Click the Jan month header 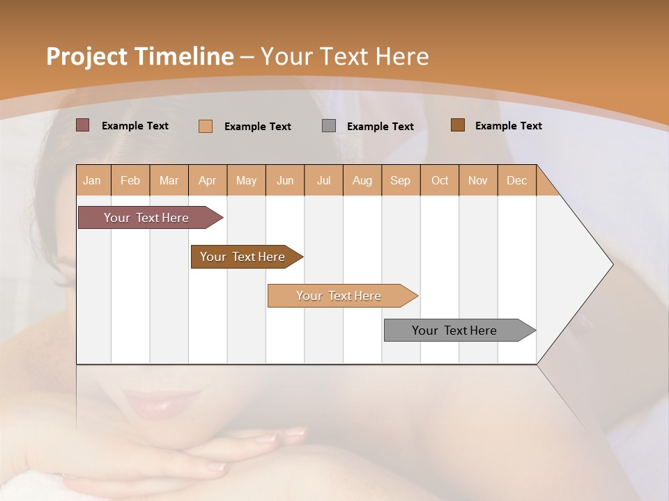93,180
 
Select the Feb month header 130,180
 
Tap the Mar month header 169,180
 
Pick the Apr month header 208,180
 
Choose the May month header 246,180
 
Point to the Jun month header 285,180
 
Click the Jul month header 323,180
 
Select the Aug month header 362,180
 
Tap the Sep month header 401,180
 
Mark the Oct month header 440,180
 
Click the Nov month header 478,180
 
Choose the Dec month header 517,180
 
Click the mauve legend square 82,125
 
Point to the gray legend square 329,126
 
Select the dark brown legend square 457,125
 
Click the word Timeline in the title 184,56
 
